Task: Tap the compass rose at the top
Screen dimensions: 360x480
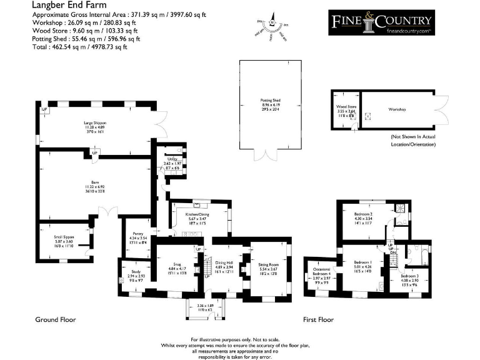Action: pos(272,26)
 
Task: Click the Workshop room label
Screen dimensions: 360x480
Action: pos(397,110)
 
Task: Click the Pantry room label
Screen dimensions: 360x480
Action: pos(137,234)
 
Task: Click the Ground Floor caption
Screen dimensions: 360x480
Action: pos(56,319)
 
